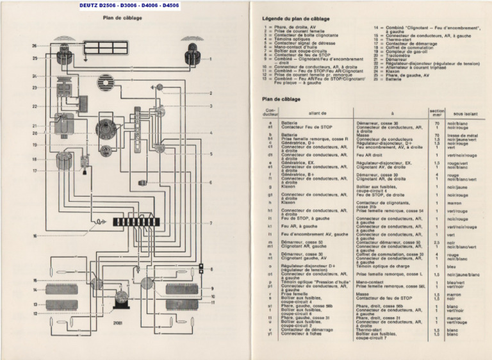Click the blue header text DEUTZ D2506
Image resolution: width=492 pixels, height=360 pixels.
(x=94, y=5)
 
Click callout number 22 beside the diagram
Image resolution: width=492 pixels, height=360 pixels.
(x=35, y=106)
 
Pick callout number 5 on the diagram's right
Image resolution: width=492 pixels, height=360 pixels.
(x=211, y=154)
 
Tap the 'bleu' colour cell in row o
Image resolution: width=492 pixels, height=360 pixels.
(x=451, y=266)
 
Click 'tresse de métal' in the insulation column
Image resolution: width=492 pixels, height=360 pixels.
(x=462, y=135)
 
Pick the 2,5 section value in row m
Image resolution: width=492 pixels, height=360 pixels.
(x=436, y=242)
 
